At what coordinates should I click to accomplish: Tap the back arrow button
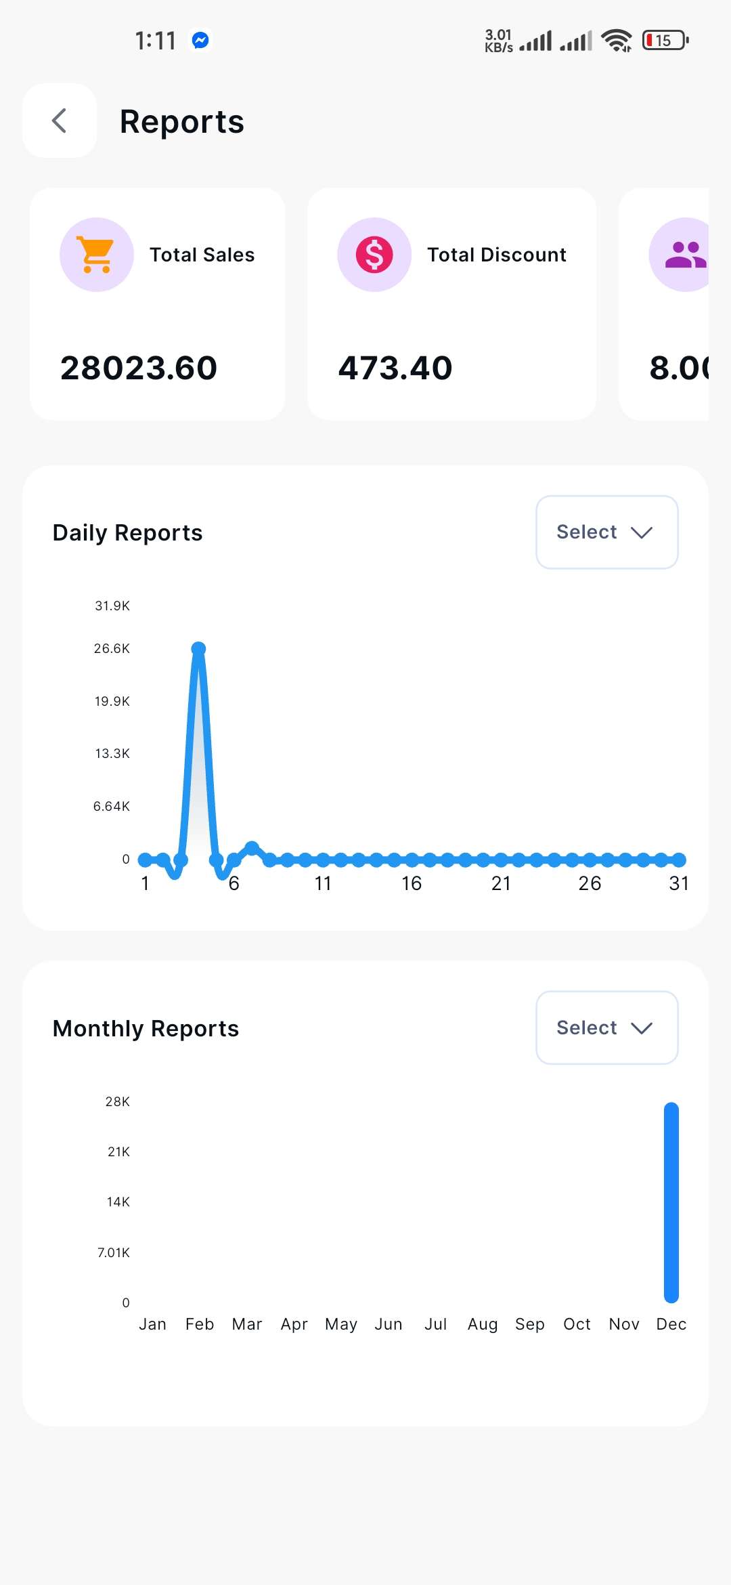point(60,121)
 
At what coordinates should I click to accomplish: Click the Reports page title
point(181,122)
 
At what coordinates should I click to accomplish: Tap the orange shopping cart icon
point(96,255)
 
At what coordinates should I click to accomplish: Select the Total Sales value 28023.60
point(139,368)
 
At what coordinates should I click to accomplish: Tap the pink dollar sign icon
point(374,255)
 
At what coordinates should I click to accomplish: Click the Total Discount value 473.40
point(395,368)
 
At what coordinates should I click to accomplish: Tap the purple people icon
point(684,255)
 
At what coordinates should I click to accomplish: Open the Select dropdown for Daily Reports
point(606,532)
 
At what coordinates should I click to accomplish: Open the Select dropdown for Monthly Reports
point(606,1028)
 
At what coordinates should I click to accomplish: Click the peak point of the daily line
point(198,649)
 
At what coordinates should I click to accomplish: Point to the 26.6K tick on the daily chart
point(112,649)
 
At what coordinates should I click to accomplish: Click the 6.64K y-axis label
point(112,806)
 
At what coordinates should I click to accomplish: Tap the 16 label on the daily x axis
point(412,883)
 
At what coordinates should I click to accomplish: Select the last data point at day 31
point(679,860)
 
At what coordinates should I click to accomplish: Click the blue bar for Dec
point(671,1202)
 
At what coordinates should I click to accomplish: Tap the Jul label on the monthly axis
point(435,1324)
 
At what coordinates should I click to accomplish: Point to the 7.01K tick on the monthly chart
point(114,1252)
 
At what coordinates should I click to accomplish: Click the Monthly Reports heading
point(146,1029)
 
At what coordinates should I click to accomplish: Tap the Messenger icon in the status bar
point(200,41)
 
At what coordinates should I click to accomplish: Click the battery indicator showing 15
point(665,41)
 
